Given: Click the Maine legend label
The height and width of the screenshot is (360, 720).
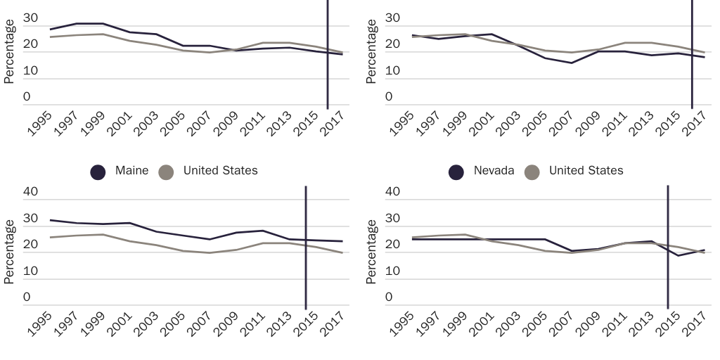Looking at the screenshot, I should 131,171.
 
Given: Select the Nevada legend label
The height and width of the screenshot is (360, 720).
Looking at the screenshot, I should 494,171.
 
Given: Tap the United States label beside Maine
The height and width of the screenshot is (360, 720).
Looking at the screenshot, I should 220,171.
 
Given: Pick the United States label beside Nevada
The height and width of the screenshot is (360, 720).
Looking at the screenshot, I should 586,171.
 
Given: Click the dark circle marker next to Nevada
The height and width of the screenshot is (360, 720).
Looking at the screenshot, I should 456,172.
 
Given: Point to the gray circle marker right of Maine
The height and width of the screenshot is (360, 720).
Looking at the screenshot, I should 166,172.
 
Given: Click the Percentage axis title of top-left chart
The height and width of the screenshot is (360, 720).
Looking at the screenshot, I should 9,51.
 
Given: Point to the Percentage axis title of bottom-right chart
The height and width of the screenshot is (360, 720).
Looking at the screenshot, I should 373,251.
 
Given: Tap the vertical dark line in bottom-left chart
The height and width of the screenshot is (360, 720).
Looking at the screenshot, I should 306,246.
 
